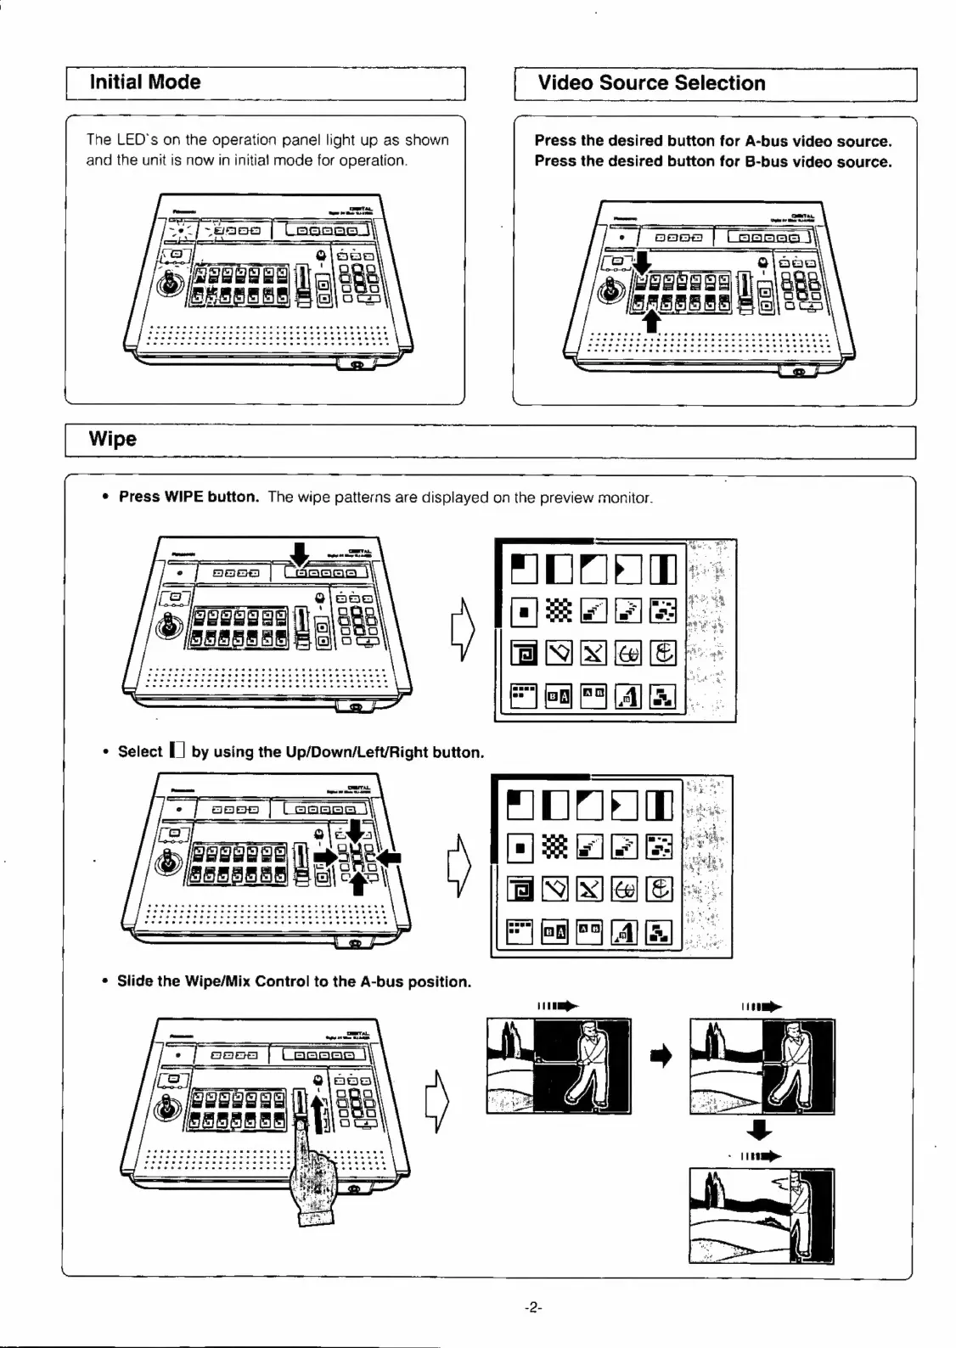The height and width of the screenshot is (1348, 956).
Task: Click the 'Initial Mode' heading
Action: tap(145, 82)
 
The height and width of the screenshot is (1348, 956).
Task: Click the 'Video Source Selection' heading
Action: tap(651, 83)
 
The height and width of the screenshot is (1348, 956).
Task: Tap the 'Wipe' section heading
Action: tap(113, 439)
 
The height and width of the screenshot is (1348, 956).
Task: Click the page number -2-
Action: tap(533, 1308)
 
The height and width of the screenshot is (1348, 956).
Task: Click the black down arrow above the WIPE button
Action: tap(299, 554)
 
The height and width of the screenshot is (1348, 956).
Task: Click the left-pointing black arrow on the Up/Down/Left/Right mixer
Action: tap(389, 858)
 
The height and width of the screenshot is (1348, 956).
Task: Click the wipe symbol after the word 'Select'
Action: tap(177, 750)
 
